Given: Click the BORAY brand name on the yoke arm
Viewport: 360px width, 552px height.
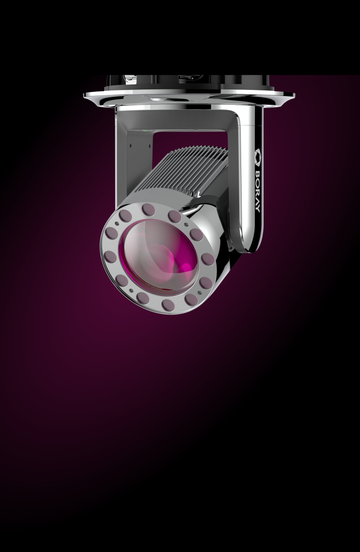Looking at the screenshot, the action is coord(257,191).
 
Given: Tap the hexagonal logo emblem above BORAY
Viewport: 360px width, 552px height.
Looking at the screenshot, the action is coord(258,157).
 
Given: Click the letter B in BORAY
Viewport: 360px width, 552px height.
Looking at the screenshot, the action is coord(257,174).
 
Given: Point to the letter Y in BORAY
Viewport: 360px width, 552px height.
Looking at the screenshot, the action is coord(257,209).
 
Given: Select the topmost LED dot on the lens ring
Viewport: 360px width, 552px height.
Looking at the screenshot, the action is coord(148,210).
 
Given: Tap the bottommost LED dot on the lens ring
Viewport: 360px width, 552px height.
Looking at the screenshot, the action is coord(168,305).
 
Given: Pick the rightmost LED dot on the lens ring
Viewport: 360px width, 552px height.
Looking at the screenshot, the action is coord(207,260).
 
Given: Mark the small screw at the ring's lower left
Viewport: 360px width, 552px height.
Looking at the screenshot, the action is coord(131,291).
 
